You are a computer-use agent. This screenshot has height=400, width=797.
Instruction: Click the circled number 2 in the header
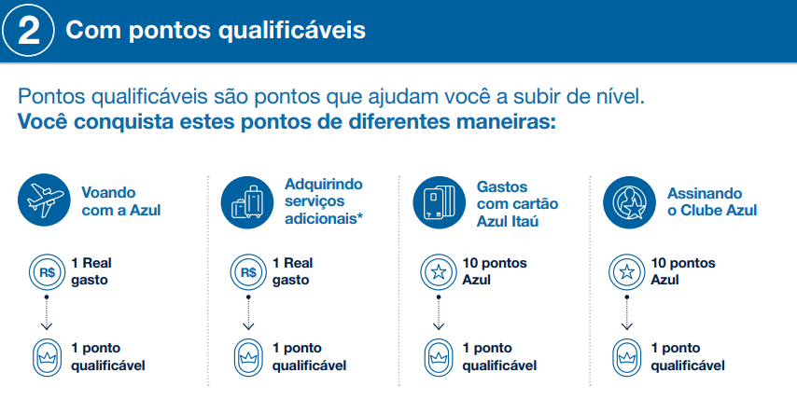coord(28,30)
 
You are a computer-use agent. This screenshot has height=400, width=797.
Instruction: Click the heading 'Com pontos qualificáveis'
coord(216,30)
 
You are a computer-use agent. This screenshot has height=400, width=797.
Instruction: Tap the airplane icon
coord(44,200)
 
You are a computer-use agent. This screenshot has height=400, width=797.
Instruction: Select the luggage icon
coord(247,202)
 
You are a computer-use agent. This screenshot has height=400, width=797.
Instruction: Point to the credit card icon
coord(439,202)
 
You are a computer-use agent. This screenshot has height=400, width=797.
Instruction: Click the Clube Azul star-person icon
coord(629,202)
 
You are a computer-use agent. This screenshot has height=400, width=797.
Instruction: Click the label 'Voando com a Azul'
coord(121,201)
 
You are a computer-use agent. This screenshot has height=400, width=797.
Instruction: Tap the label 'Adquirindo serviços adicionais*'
coord(324,201)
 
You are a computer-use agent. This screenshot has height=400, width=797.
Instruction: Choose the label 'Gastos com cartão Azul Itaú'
coord(517,204)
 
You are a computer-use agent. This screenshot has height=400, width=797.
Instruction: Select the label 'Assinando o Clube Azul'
coord(712,201)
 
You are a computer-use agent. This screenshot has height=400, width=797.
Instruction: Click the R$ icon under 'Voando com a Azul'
coord(47,272)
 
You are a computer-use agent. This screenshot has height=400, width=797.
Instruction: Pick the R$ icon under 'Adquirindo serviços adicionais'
coord(248,272)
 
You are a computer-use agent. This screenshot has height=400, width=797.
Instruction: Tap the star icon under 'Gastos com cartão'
coord(438,272)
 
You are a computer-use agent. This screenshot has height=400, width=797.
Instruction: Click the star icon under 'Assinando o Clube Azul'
coord(627,272)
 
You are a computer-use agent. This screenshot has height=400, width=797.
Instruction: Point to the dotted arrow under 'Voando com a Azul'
coord(47,312)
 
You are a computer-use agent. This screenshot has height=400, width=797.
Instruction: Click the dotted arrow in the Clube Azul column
coord(627,312)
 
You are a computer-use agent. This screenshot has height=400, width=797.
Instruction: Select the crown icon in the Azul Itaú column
coord(438,357)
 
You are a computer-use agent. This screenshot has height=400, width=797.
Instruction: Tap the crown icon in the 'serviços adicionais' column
coord(248,357)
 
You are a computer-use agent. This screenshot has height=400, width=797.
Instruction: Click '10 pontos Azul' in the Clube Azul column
coord(682,271)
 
